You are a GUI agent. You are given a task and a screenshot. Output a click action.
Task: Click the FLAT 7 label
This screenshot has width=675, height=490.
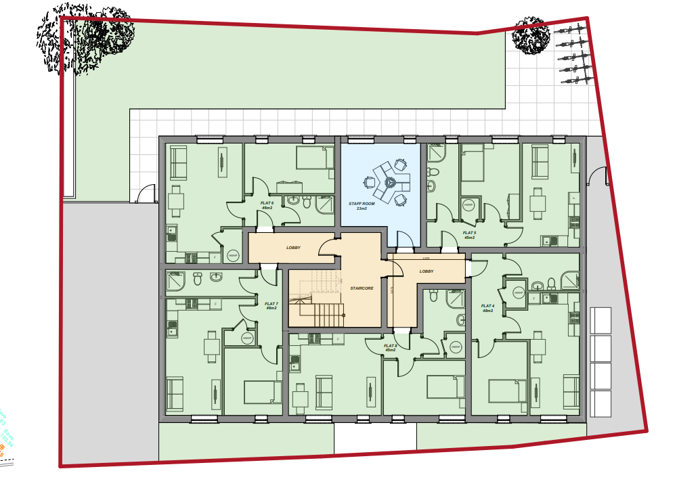point(271,306)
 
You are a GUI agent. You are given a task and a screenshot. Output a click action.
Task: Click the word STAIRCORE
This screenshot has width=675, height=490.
point(362,288)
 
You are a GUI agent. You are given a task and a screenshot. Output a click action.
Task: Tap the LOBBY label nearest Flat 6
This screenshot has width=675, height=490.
point(293,248)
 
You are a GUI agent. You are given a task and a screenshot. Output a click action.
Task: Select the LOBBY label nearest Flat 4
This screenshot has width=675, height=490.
point(426,271)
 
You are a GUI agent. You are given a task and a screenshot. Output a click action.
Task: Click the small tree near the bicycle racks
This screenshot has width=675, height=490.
point(529,37)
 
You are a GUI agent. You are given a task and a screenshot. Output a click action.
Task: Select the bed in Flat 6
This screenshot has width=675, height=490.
point(311,158)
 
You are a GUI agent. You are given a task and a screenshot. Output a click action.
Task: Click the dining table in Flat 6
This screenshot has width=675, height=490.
point(176,201)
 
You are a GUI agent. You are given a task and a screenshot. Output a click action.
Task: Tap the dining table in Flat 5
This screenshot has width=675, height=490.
point(538,202)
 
